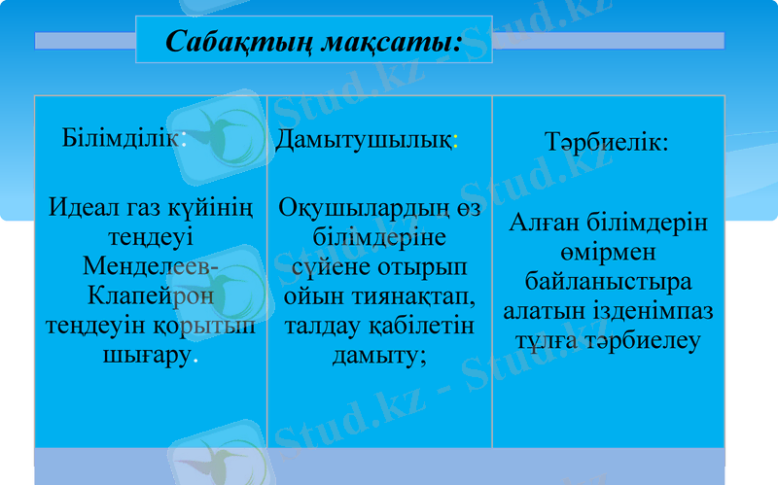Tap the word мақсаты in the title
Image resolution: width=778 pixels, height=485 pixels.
pyautogui.click(x=389, y=42)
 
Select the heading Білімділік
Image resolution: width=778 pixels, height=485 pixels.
pyautogui.click(x=123, y=137)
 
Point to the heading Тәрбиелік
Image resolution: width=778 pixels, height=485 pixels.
pyautogui.click(x=607, y=142)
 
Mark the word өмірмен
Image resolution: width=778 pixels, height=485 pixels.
pyautogui.click(x=607, y=253)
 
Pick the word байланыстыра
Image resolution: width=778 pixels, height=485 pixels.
pyautogui.click(x=608, y=283)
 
